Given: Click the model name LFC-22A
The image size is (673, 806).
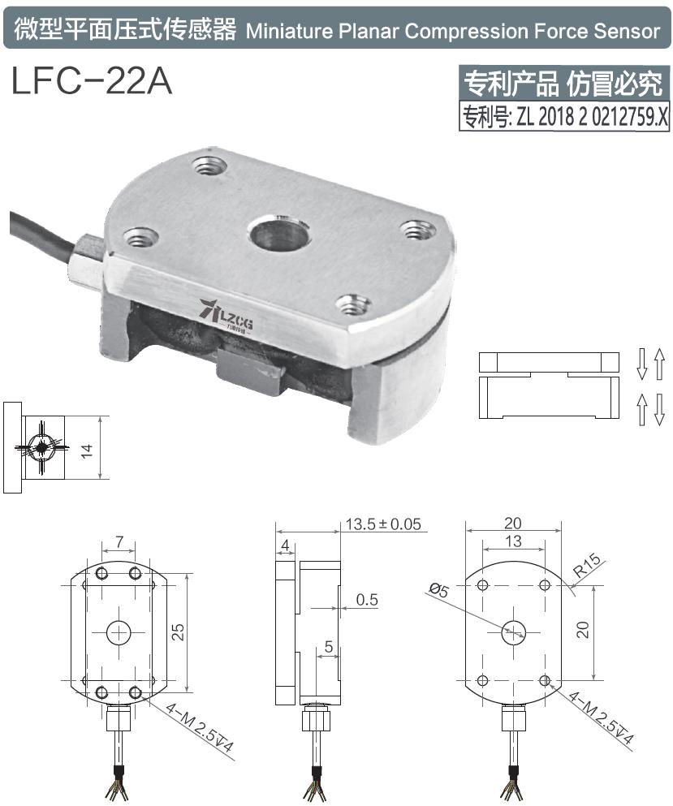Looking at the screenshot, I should [x=92, y=81].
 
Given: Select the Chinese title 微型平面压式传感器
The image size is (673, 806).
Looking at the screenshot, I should [x=126, y=31].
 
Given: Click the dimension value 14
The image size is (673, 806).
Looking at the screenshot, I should [x=88, y=448].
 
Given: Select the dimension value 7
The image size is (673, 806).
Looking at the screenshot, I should [x=119, y=541].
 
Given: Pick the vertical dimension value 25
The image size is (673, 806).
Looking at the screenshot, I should [x=179, y=631].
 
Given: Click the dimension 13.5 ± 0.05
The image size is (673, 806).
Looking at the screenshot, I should [x=383, y=524].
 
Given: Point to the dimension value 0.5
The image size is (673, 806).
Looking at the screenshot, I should [x=368, y=600].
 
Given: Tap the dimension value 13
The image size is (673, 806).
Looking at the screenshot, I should [x=513, y=541].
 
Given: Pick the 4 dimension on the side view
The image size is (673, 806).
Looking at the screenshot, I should [x=285, y=544].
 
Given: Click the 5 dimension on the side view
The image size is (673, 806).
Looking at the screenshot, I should [x=327, y=647].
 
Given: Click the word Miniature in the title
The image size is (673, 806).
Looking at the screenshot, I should [x=283, y=31].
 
